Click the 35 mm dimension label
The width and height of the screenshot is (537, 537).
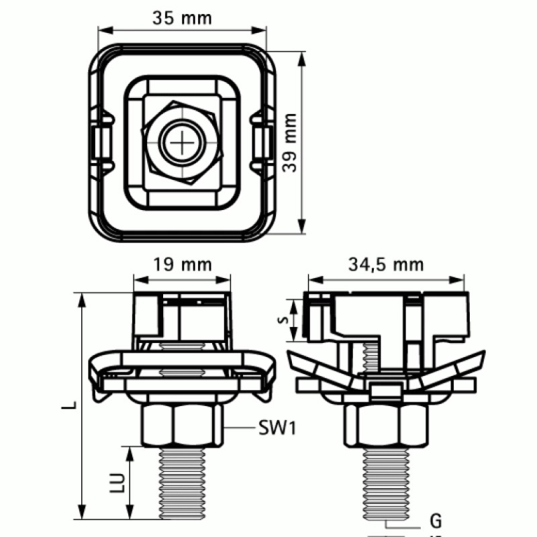[181, 18]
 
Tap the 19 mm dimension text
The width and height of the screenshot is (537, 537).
[182, 264]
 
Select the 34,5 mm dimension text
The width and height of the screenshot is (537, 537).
[386, 264]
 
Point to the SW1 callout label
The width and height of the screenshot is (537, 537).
[277, 427]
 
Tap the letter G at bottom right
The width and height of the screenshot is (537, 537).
[435, 520]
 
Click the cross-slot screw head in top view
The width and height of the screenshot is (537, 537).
[182, 142]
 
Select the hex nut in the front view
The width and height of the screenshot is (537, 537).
[182, 425]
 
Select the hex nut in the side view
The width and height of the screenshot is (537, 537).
[385, 425]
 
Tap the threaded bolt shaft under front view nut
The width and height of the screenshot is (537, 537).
[182, 482]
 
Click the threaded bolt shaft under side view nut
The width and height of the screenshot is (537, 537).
[385, 482]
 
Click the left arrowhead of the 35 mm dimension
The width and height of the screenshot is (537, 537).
[102, 29]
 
